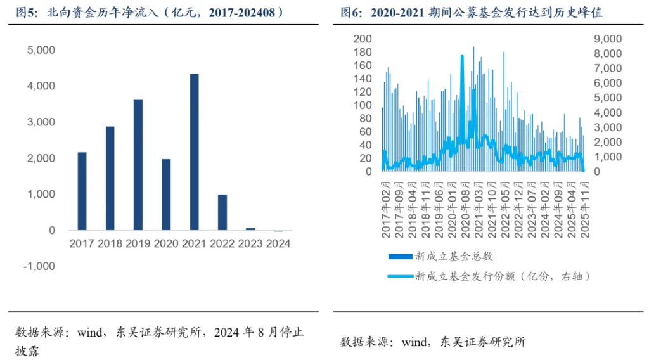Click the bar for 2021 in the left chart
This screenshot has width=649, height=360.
[x=194, y=152]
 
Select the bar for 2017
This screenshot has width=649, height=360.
[x=82, y=191]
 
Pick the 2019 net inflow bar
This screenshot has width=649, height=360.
[x=138, y=164]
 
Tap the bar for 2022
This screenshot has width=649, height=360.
[x=222, y=212]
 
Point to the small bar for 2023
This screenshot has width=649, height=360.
[x=250, y=229]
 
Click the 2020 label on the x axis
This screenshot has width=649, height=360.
[x=165, y=243]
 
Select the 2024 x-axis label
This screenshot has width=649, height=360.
[x=278, y=243]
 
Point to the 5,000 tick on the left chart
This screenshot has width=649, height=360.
[x=42, y=49]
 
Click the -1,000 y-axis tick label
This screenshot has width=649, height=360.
[x=39, y=266]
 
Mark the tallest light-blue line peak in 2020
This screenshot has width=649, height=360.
[x=462, y=56]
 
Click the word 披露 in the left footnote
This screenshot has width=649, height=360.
[x=28, y=350]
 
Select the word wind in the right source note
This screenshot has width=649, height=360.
[x=414, y=342]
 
